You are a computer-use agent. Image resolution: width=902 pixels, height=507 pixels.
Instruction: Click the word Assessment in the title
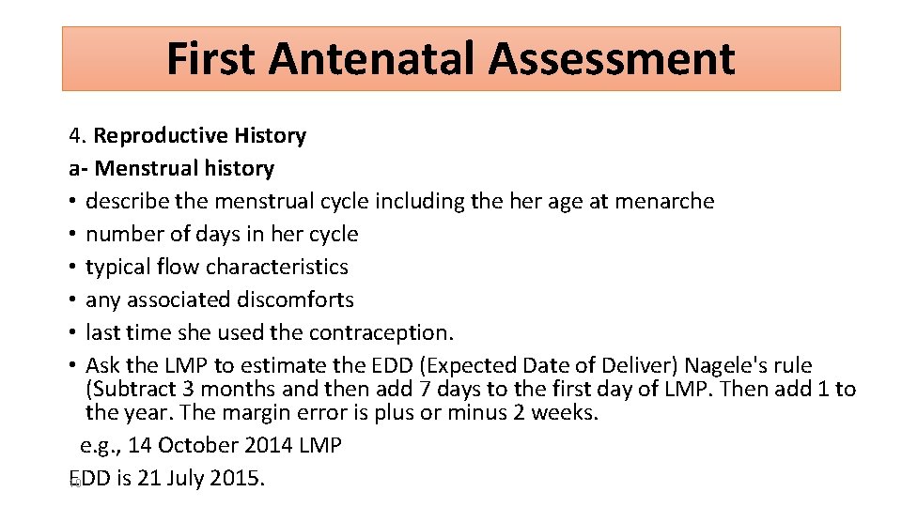[x=611, y=59]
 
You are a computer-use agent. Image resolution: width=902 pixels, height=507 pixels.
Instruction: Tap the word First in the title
[x=211, y=59]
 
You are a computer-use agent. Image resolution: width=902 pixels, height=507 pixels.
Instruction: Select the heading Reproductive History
[x=199, y=136]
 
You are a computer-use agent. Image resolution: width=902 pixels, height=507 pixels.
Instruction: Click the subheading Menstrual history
[x=184, y=169]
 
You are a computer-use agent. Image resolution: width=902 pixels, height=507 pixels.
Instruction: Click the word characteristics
[x=277, y=268]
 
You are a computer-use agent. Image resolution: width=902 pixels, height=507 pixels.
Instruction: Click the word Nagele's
[x=719, y=365]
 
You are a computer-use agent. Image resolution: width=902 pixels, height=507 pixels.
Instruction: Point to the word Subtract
[x=131, y=389]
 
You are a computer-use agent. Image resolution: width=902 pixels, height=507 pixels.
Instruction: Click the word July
[x=182, y=478]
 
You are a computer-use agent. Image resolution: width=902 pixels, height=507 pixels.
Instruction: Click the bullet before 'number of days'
[x=73, y=235]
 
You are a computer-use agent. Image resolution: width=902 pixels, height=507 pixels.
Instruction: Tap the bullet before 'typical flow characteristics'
[x=73, y=268]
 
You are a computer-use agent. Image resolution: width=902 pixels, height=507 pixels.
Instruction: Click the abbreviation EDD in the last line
[x=90, y=478]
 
